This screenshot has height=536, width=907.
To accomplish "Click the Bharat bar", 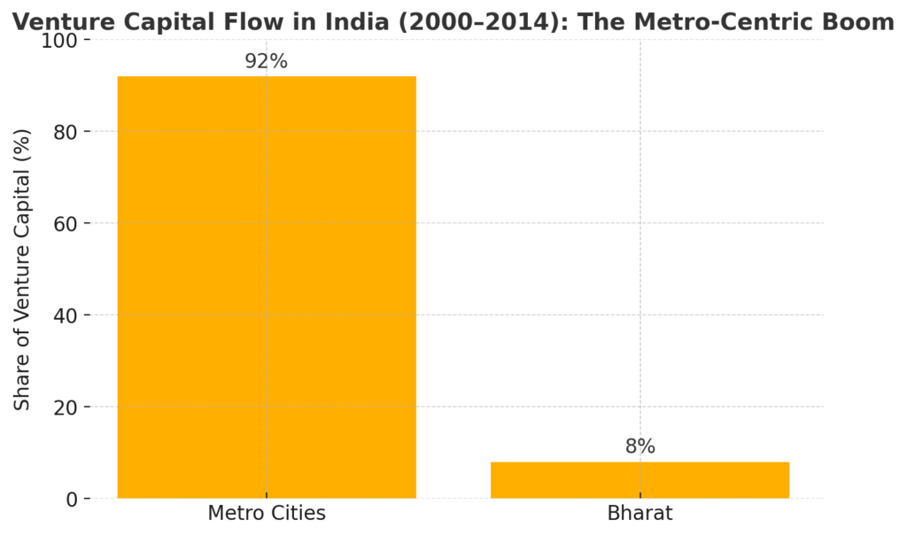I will pos(640,480).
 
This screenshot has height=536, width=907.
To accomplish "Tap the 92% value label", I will pos(267,62).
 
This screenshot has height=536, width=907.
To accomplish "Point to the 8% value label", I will pos(640,447).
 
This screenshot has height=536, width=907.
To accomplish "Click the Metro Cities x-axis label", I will pos(267,513).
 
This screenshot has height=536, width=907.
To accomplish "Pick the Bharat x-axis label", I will pos(640,513).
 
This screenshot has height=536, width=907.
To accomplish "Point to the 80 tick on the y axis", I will pos(66,132).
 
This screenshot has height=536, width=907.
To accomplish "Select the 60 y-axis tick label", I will pos(66,224).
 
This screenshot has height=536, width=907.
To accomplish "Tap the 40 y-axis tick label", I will pos(66,315).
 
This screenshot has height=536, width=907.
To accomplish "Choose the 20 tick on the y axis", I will pos(66,408).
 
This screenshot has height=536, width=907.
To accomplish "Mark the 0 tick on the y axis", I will pos(73,500).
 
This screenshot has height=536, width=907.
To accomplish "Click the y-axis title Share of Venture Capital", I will pos(23,269).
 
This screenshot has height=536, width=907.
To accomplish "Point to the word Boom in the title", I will pos(863,22).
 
